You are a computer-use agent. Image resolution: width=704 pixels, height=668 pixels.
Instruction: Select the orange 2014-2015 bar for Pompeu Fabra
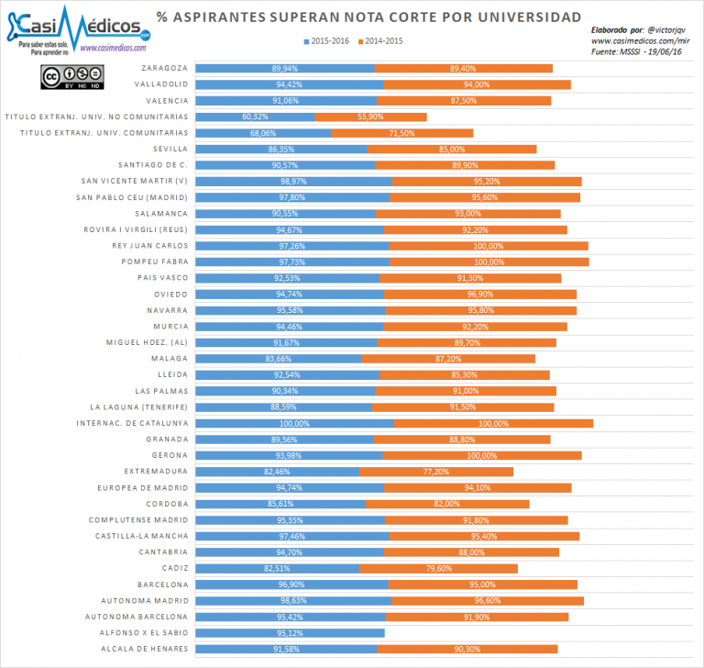(x=489, y=262)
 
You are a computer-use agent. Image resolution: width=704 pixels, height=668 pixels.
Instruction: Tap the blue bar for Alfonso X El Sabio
(x=291, y=632)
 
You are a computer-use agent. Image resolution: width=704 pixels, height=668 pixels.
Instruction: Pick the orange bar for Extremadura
(x=435, y=471)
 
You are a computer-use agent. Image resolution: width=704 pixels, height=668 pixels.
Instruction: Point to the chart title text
(x=368, y=17)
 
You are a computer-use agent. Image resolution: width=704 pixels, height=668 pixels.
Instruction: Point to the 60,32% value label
(x=255, y=117)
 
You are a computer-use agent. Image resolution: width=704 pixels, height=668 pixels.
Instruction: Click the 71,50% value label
(x=402, y=133)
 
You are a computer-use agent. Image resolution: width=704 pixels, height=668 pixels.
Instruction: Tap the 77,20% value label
(x=435, y=471)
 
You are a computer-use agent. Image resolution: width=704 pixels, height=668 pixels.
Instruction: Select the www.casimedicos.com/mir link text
(x=640, y=40)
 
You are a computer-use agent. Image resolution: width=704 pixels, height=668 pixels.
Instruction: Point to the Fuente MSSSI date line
(x=639, y=52)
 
